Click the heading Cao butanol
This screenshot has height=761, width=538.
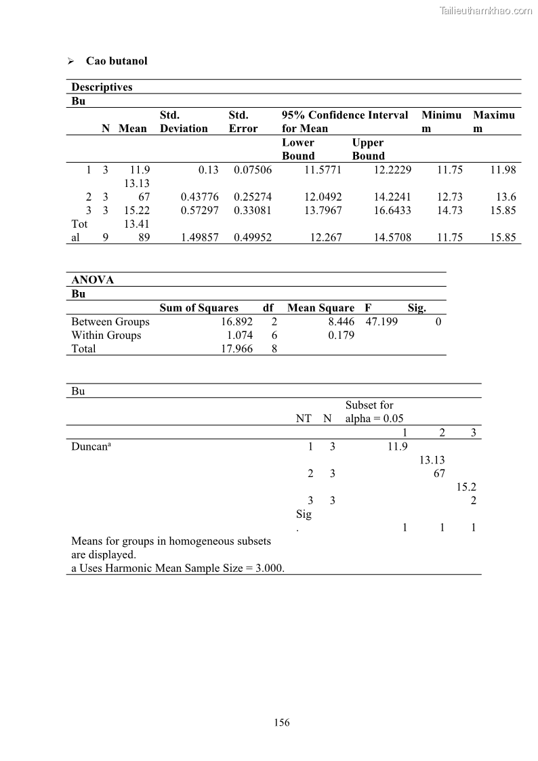click(116, 61)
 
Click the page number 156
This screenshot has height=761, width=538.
click(282, 722)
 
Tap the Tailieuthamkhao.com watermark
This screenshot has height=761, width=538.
click(486, 10)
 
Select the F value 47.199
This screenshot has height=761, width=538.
click(381, 322)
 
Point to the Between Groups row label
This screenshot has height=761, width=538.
click(110, 322)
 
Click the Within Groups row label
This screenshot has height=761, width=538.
click(106, 335)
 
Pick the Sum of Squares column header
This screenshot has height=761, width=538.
click(199, 308)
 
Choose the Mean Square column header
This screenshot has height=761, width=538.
click(320, 308)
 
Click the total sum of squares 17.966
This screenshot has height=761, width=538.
click(237, 349)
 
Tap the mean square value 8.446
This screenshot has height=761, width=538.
click(341, 322)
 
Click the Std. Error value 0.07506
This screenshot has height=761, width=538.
click(253, 170)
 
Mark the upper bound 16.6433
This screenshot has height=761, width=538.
click(392, 211)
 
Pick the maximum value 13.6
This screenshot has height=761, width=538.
click(505, 197)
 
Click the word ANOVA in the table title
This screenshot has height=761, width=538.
click(93, 280)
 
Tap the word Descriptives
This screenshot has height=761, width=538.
click(102, 87)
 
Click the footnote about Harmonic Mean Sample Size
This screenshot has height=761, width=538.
click(178, 568)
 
